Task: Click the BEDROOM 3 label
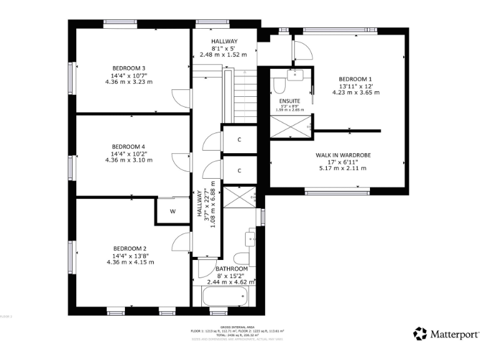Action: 129,68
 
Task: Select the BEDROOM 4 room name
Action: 129,146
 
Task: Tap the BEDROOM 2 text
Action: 130,248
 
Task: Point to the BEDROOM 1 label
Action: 356,79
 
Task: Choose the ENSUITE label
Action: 289,101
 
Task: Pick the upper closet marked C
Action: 239,139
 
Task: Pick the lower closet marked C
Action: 239,170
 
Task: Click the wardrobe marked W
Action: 172,211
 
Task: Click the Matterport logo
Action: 446,334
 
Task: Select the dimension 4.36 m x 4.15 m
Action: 130,262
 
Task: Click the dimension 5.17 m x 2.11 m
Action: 342,168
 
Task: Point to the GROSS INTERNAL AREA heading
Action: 237,326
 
